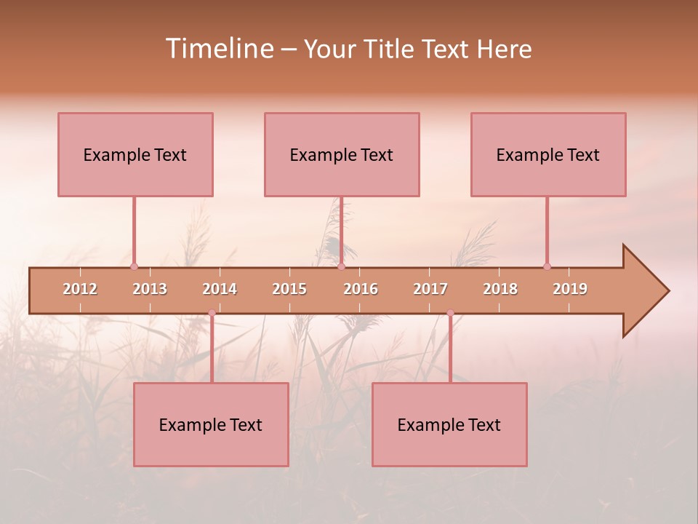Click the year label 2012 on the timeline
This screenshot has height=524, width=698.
pos(80,289)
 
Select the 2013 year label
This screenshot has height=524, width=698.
pos(150,289)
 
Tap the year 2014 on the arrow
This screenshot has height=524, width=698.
pos(220,289)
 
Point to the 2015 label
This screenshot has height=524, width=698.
pos(289,289)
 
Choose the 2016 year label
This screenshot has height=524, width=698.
pos(361,289)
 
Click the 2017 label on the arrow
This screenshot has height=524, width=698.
pos(430,289)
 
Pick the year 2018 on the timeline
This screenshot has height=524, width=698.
pos(500,289)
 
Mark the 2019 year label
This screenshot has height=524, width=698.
pos(570,289)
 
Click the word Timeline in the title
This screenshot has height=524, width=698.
pos(219,49)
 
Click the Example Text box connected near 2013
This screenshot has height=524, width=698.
pos(135,154)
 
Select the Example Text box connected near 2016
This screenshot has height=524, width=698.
pos(342,154)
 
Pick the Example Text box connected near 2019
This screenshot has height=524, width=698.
pos(548,154)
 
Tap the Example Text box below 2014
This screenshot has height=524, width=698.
pos(211,424)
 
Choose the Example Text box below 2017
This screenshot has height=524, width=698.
pos(449,424)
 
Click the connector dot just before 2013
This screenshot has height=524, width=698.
pos(134,266)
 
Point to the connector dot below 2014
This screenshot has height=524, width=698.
pos(212,313)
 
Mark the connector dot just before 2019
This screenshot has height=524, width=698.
pos(547,266)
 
